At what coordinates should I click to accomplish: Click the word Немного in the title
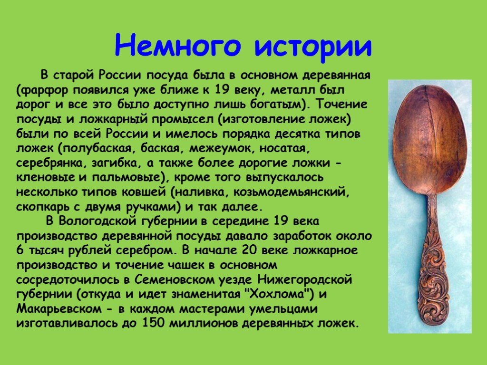[x=178, y=45]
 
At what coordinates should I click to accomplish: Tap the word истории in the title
[x=313, y=47]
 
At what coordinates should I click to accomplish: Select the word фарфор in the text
[x=45, y=90]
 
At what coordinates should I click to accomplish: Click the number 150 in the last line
[x=153, y=323]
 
